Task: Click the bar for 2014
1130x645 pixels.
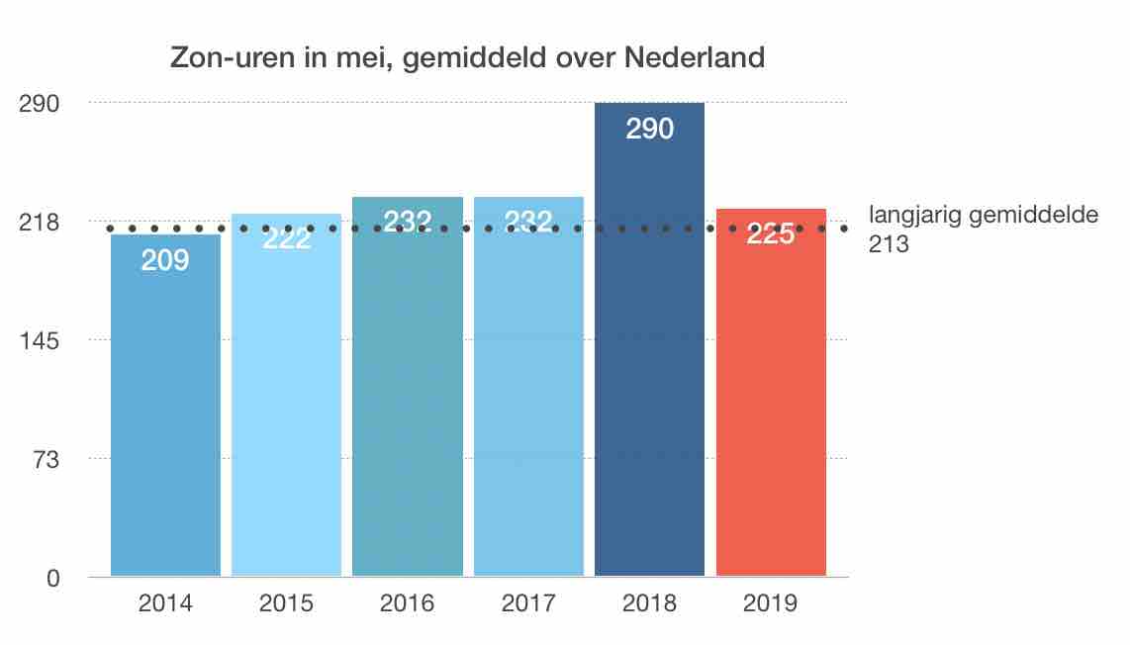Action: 165,406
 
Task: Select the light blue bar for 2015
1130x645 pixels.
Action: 286,396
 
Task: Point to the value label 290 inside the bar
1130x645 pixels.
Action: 650,129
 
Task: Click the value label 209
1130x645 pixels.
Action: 165,262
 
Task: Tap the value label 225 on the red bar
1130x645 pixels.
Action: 771,235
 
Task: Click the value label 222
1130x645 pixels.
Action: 286,239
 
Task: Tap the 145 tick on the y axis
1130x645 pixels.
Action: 41,340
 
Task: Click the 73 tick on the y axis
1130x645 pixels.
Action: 46,459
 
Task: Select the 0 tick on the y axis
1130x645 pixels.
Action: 53,578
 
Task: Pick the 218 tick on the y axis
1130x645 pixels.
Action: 41,222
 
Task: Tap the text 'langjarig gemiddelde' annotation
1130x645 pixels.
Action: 983,216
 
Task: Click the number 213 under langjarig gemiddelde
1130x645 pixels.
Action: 889,242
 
